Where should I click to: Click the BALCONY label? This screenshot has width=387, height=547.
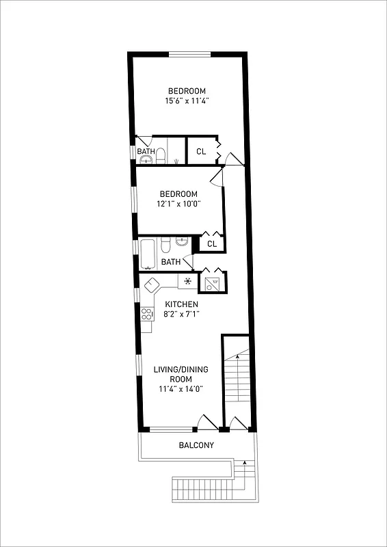point(196,446)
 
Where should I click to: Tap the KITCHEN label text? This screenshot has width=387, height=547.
point(181,304)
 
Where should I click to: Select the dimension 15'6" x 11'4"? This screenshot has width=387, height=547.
point(187,101)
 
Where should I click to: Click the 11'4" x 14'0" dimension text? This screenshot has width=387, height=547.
point(181,389)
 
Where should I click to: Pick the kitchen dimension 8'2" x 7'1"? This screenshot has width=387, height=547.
point(181,314)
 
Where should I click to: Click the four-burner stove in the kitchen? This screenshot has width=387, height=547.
point(147,314)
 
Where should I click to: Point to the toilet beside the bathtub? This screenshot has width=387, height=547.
point(166,245)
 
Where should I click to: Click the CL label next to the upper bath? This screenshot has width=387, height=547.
point(201,152)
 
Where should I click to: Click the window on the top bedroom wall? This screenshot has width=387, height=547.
point(190,54)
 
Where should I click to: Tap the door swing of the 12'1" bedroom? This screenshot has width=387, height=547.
point(215,179)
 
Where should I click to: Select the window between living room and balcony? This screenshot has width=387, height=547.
point(170,429)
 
